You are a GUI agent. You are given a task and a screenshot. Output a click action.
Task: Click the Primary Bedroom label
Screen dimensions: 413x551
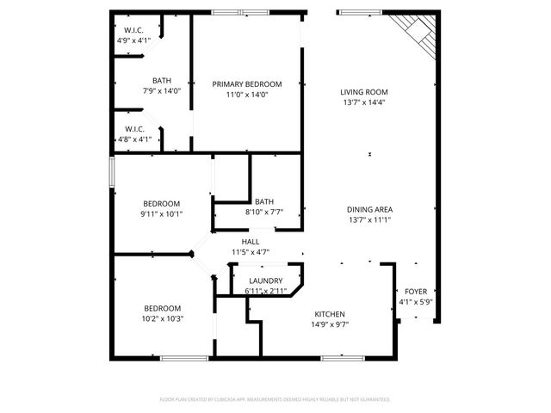coord(247,83)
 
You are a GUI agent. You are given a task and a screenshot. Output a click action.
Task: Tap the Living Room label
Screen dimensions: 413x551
coord(363,91)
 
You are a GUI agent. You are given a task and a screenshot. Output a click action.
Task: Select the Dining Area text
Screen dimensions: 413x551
coord(369,209)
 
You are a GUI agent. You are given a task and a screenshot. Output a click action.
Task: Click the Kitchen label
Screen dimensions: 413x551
coord(331,314)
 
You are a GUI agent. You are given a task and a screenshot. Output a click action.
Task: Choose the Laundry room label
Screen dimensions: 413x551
coord(265,281)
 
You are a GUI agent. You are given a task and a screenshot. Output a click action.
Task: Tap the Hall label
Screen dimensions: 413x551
coord(251,242)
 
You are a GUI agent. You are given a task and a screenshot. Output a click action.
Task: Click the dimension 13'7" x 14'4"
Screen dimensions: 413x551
coord(363,102)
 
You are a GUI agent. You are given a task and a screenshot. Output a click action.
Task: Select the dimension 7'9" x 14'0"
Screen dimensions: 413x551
coord(161,90)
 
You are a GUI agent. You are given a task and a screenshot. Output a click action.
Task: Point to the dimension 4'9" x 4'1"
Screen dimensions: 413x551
coord(133,40)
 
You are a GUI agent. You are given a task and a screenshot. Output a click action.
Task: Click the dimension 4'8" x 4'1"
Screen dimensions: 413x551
coord(133,139)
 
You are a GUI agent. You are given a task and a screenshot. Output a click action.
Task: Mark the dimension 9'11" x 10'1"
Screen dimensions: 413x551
coord(161,214)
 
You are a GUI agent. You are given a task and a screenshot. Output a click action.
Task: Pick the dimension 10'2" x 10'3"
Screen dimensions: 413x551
coord(162,319)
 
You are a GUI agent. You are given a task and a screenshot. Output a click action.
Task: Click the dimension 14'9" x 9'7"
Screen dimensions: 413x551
coord(331,324)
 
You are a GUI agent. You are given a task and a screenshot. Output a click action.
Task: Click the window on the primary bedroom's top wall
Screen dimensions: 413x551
coord(241,12)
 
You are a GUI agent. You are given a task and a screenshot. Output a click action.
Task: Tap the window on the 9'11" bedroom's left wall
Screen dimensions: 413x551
coord(110,170)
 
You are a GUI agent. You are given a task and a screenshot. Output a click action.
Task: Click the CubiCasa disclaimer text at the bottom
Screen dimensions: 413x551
coord(275,399)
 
